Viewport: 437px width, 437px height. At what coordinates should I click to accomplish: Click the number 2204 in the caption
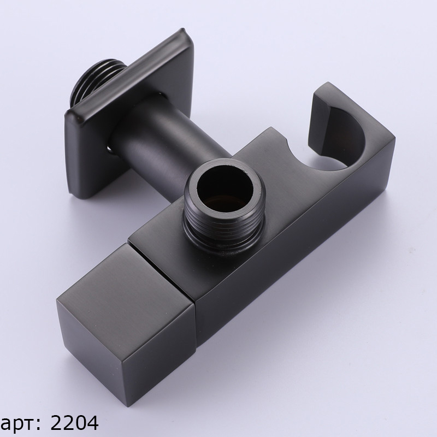click(x=74, y=423)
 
